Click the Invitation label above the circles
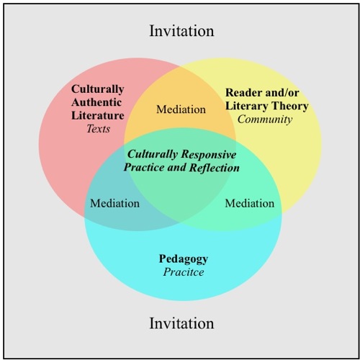pyautogui.click(x=181, y=31)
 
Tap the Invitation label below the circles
pyautogui.click(x=181, y=323)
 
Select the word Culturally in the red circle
pyautogui.click(x=97, y=90)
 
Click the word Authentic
pyautogui.click(x=96, y=102)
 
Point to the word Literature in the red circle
pyautogui.click(x=98, y=115)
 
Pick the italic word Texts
pyautogui.click(x=98, y=129)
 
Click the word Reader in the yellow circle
pyautogui.click(x=241, y=93)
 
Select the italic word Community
pyautogui.click(x=265, y=120)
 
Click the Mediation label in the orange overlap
pyautogui.click(x=181, y=109)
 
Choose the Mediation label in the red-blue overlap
pyautogui.click(x=114, y=203)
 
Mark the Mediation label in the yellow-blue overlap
pyautogui.click(x=250, y=203)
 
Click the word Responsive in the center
pyautogui.click(x=209, y=155)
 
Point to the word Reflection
pyautogui.click(x=215, y=167)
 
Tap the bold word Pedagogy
pyautogui.click(x=184, y=259)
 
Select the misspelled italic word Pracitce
pyautogui.click(x=184, y=272)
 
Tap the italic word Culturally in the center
pyautogui.click(x=153, y=155)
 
